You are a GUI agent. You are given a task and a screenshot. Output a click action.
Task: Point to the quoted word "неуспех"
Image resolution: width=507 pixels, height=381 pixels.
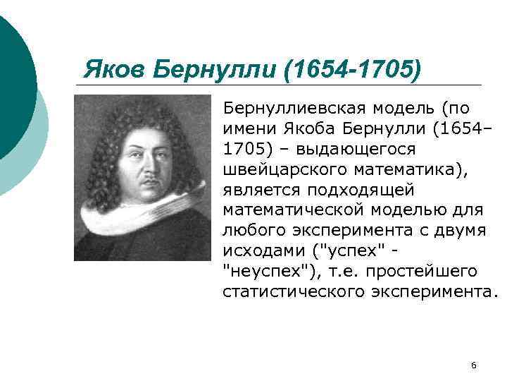pyautogui.click(x=261, y=272)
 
